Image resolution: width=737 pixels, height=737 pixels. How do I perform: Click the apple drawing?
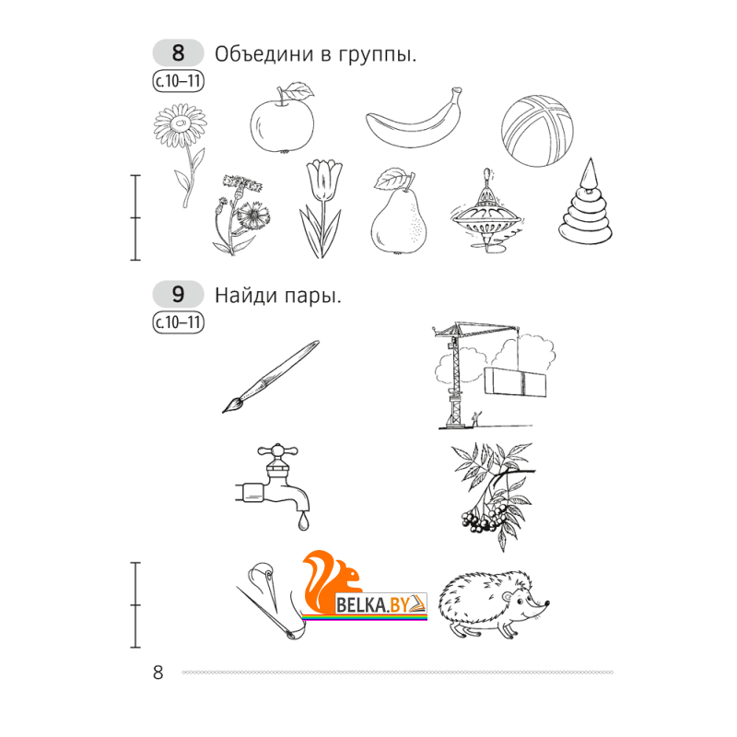282,123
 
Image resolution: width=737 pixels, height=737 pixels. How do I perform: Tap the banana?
414,123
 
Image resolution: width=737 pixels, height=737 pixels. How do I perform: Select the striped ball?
537,131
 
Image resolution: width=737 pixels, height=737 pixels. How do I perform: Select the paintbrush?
271,377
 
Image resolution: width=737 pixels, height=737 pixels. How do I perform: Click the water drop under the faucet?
303,521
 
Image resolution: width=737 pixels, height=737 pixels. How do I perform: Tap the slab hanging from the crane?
515,382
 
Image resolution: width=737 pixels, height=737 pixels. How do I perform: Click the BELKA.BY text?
373,604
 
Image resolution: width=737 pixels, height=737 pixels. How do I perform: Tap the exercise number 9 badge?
178,294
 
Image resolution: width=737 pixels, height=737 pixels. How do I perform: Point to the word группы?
377,55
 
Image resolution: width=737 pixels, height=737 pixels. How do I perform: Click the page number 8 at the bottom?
158,673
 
